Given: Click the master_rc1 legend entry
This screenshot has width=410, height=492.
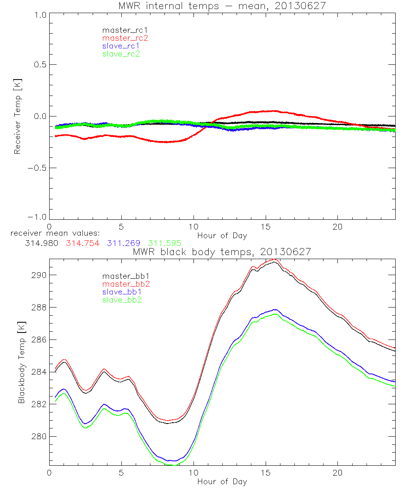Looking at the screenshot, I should coord(121,30).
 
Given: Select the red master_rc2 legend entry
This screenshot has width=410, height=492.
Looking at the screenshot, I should coord(125,38).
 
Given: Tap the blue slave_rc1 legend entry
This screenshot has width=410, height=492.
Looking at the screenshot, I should coord(121,46).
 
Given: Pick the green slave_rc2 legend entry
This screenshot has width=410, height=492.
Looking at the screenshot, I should coord(121,54).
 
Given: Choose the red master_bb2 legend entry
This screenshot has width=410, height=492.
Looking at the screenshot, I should coord(123,285).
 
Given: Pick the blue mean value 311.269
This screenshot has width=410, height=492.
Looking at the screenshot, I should coord(123,243).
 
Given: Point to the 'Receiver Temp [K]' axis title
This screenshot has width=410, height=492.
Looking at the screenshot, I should coord(17,116).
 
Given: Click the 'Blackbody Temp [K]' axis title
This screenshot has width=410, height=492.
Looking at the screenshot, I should coord(21,362).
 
